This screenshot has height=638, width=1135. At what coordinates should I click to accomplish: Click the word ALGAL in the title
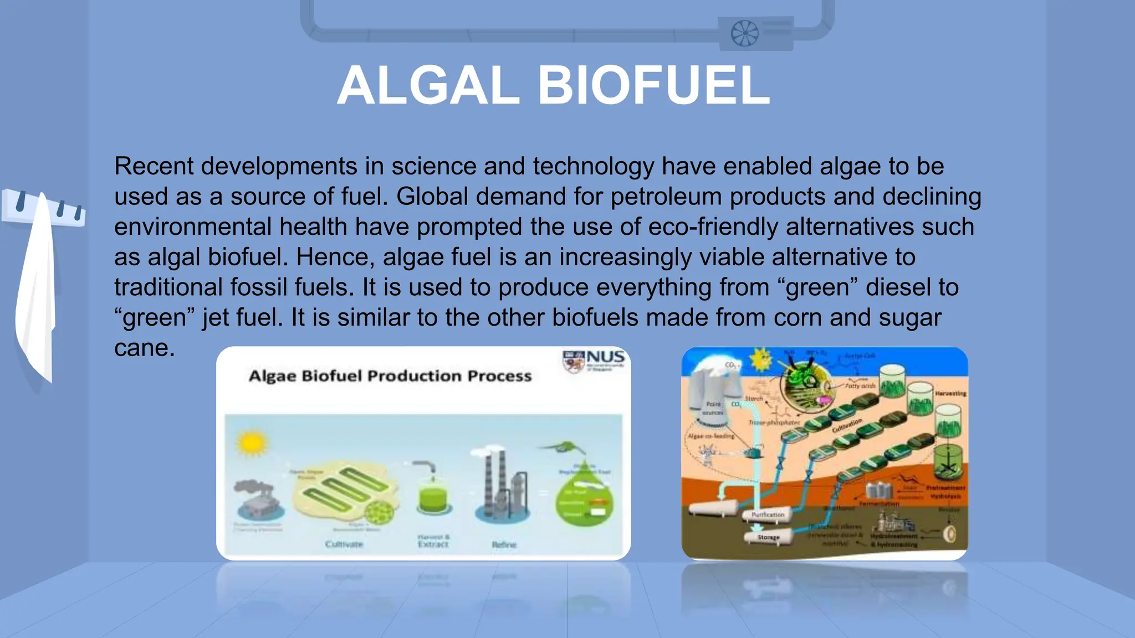pos(428,86)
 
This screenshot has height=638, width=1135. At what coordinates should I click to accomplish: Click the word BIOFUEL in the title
pos(654,86)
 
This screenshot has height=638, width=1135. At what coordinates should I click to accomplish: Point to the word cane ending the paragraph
pos(144,348)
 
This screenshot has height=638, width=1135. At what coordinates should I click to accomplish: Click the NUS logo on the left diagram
pos(594,361)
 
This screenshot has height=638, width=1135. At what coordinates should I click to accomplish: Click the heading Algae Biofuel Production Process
pos(390,376)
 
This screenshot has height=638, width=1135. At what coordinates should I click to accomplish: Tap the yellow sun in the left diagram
pos(252,443)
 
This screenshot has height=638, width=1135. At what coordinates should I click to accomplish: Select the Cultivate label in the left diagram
pos(344,544)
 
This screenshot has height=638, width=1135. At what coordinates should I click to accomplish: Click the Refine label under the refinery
pos(504,545)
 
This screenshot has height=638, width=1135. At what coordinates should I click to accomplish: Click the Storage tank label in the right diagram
pos(769,537)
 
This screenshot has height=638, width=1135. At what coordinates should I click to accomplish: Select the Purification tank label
pos(768,514)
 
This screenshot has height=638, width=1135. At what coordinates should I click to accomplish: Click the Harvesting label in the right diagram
pos(950,393)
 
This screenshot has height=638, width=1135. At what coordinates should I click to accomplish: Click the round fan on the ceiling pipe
pos(744,33)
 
